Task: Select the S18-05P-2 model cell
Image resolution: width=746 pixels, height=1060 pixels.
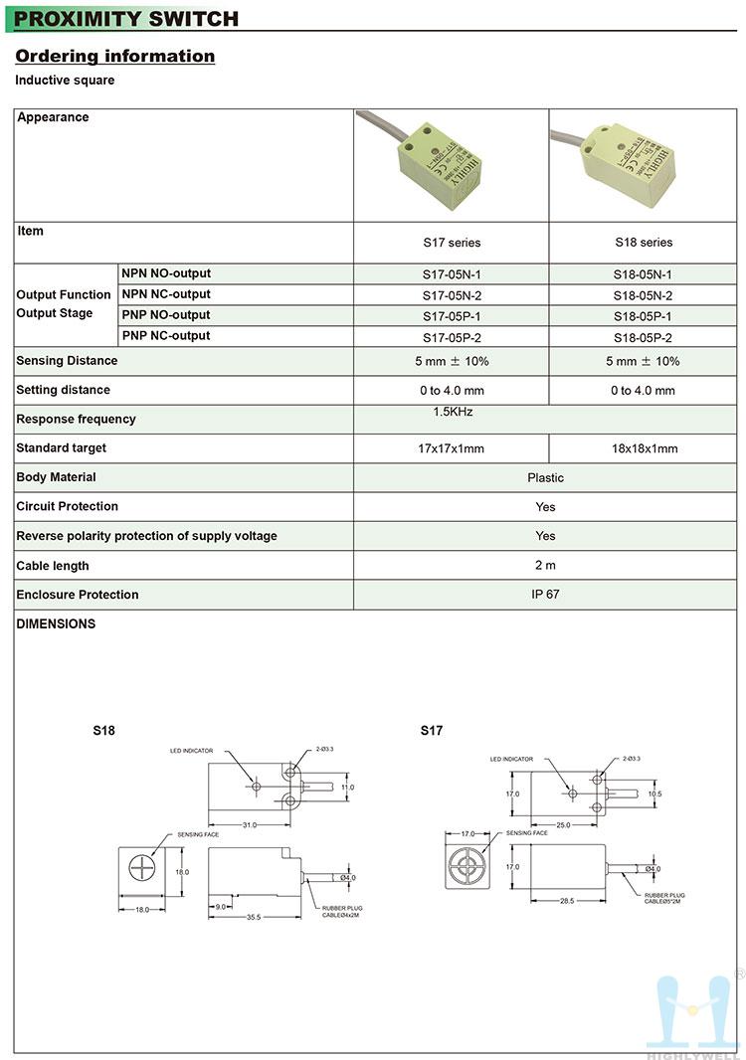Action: coord(643,338)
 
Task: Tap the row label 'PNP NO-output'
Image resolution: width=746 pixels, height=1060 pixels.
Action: coord(166,315)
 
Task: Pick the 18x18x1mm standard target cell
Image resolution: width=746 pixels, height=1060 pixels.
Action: coord(643,448)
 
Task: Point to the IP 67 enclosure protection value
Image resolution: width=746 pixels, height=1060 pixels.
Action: coord(545,595)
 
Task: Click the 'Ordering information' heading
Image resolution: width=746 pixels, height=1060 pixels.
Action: coord(114,57)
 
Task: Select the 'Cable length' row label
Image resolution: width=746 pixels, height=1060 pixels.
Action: coord(53,566)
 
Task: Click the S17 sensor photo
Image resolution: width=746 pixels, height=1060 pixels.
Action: coord(438,159)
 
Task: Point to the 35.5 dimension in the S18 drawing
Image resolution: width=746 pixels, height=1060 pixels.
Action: coord(253,917)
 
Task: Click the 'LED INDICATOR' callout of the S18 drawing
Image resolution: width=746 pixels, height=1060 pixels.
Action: coord(191,752)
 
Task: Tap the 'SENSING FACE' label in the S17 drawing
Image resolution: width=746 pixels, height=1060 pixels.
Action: coord(526,833)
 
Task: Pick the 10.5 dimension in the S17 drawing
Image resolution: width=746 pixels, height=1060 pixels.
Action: coord(654,795)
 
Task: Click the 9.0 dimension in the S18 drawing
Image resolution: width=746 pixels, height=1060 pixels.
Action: coord(220,906)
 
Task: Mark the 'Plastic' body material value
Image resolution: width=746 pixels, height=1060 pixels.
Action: coord(545,478)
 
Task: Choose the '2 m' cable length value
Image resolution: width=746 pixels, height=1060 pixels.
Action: coord(545,566)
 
